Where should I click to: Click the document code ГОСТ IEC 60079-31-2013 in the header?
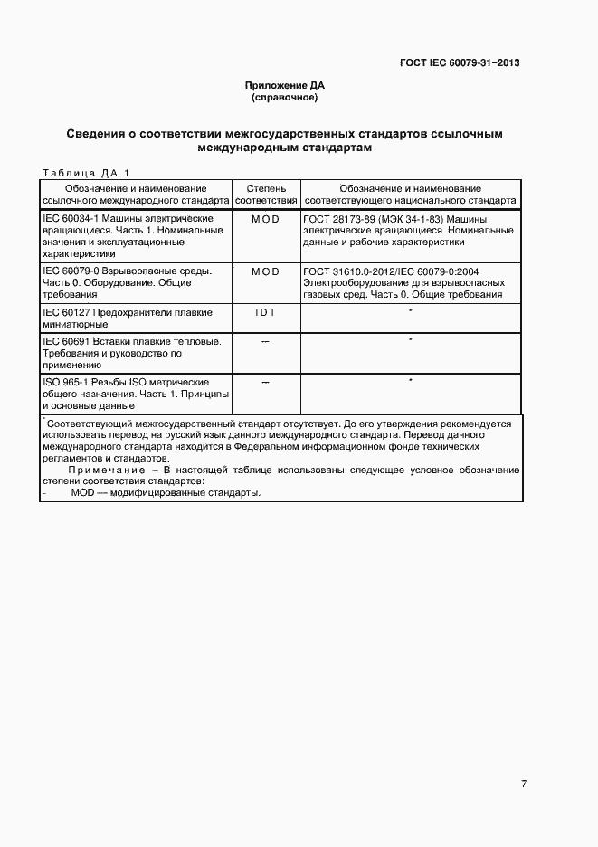[460, 63]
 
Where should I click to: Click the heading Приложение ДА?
[284, 85]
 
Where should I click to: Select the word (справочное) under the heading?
[284, 96]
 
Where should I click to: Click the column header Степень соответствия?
[266, 194]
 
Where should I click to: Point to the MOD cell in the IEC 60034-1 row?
[266, 219]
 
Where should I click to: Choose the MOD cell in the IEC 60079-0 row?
[266, 271]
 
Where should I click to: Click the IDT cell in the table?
[266, 312]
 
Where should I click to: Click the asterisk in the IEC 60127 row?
[411, 311]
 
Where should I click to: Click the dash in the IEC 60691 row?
[266, 340]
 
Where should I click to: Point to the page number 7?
[524, 784]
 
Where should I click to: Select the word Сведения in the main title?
[97, 134]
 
